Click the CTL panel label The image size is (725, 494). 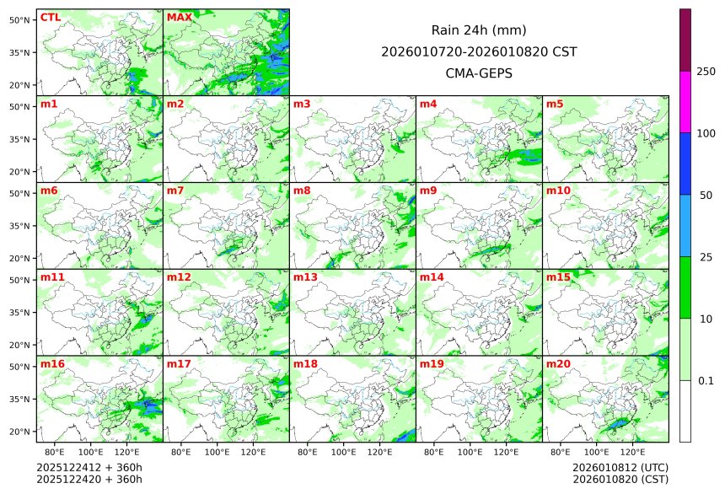[50, 18]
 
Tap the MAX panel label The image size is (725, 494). [179, 18]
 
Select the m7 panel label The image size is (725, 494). [175, 191]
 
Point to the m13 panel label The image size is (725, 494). [305, 277]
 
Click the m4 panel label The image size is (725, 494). [428, 105]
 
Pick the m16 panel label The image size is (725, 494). [52, 364]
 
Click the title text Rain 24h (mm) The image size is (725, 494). [479, 30]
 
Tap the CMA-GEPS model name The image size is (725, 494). [479, 73]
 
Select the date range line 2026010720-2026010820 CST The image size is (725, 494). [479, 51]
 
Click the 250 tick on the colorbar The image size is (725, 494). [706, 71]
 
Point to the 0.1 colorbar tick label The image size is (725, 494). [706, 380]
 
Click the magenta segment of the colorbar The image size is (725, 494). [685, 101]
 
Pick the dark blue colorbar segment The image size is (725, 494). [685, 164]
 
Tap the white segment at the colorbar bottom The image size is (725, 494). [685, 411]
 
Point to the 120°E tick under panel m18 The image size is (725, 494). [379, 452]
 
